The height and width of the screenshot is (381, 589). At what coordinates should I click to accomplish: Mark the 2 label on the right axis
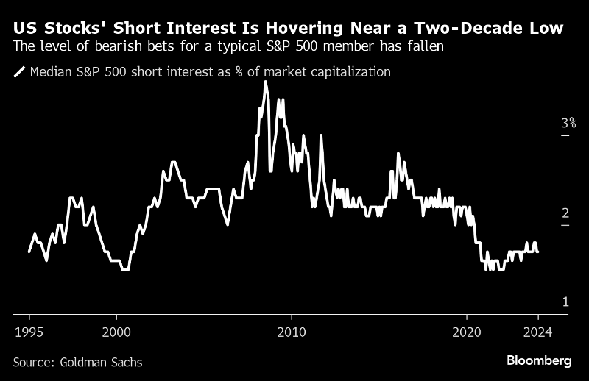point(565,213)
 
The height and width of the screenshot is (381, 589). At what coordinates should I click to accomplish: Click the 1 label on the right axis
point(565,302)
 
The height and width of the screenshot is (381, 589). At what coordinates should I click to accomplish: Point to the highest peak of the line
point(265,82)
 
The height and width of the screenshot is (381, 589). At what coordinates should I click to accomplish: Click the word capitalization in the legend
point(350,72)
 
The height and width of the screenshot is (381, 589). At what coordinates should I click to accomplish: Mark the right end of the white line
point(537,252)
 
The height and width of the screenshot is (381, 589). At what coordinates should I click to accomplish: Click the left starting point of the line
point(29,252)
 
